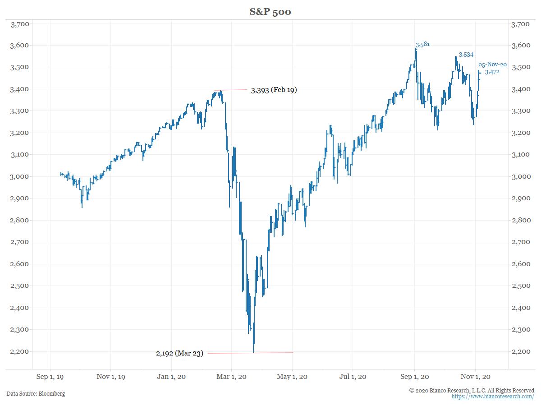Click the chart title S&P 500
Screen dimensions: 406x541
pos(270,12)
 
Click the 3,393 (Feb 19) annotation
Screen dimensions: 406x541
pos(274,90)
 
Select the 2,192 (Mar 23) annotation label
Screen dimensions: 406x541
pos(179,353)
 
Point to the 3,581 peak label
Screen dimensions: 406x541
pos(422,44)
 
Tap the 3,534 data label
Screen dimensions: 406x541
pos(466,55)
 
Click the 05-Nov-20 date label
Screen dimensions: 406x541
pos(492,65)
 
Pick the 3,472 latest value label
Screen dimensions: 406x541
pos(492,72)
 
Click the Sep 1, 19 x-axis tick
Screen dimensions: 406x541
pos(50,377)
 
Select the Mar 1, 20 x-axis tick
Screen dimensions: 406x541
pos(231,377)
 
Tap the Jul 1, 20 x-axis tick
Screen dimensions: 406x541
pos(353,377)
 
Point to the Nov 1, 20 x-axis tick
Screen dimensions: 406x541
pos(476,377)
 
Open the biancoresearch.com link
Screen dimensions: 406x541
pos(493,397)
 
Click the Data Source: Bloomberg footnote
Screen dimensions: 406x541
pos(36,394)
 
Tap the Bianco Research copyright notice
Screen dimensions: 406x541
pos(472,390)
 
